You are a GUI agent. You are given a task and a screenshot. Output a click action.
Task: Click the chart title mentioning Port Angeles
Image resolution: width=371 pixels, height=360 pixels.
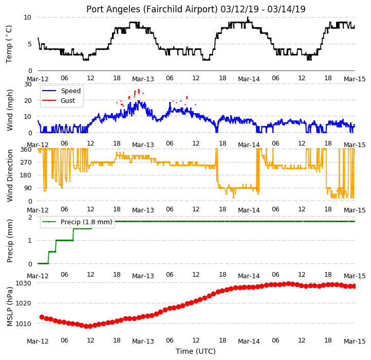click(x=196, y=9)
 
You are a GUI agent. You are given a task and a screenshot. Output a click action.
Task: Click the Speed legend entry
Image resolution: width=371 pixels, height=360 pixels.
click(x=61, y=91)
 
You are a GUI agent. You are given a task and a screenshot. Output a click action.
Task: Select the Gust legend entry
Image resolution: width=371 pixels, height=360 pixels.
click(x=59, y=100)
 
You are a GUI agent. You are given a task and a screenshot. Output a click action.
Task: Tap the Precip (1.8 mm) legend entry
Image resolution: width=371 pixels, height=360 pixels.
click(x=77, y=222)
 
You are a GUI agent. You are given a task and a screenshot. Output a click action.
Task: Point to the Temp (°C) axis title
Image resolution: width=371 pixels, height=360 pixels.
click(x=9, y=44)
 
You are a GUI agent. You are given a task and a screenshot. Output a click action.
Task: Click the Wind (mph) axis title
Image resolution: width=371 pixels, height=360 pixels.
click(x=10, y=110)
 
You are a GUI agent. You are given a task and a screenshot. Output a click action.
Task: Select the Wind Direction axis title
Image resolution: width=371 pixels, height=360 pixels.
click(x=10, y=175)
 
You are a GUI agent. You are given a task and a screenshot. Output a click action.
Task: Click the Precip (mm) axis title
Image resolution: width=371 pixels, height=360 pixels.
click(x=10, y=241)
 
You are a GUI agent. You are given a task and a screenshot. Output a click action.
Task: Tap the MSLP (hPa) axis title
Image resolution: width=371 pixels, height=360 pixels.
click(x=10, y=307)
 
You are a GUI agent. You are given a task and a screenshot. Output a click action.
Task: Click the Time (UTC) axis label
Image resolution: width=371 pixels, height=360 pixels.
click(x=196, y=351)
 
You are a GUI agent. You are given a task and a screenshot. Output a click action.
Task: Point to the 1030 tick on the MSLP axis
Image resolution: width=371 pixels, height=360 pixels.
click(x=24, y=283)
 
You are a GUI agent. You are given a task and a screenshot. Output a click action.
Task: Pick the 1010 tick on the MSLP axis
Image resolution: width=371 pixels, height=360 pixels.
click(x=24, y=323)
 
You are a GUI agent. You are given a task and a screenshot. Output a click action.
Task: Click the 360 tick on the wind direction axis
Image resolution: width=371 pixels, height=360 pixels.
click(x=26, y=150)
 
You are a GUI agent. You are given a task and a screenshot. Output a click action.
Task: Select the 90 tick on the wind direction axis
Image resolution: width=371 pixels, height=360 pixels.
click(x=28, y=188)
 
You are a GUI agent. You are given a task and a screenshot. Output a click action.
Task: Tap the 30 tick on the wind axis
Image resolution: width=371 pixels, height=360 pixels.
click(x=28, y=84)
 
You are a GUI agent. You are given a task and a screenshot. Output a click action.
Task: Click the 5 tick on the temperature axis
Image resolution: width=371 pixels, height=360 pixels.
click(x=30, y=44)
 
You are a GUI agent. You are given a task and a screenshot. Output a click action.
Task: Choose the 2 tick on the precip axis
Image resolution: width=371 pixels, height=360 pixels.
click(x=30, y=217)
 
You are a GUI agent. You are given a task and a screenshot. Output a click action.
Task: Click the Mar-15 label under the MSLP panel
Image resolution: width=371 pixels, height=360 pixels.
click(x=355, y=341)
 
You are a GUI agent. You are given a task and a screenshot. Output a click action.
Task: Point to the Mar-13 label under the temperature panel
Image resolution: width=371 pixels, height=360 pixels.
click(x=143, y=79)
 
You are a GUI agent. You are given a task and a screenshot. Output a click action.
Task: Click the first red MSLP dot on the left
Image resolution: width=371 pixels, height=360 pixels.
click(x=42, y=317)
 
